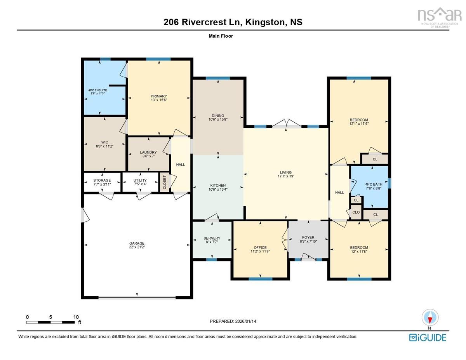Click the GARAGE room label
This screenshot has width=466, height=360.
pos(137,243)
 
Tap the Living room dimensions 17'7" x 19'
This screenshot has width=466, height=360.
pos(286,176)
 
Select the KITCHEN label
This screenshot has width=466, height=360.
pos(218,186)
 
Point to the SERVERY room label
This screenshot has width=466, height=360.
pos(212,238)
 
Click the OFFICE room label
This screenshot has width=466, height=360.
pos(260,247)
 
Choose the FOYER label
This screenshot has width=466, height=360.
pos(308,237)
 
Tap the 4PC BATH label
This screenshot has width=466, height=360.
pos(374,184)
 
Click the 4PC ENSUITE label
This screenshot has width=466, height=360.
pos(97,90)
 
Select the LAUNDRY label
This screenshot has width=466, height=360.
pos(148,153)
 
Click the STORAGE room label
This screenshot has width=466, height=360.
pos(102,180)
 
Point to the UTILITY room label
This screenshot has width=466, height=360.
pos(140,180)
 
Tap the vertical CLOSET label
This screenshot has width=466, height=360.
pos(165,183)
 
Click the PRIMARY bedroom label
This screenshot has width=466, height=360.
pos(159,96)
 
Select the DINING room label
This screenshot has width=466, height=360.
pos(218,116)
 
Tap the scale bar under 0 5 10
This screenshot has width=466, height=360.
pos(50,322)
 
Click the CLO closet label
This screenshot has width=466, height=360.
pos(356,212)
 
